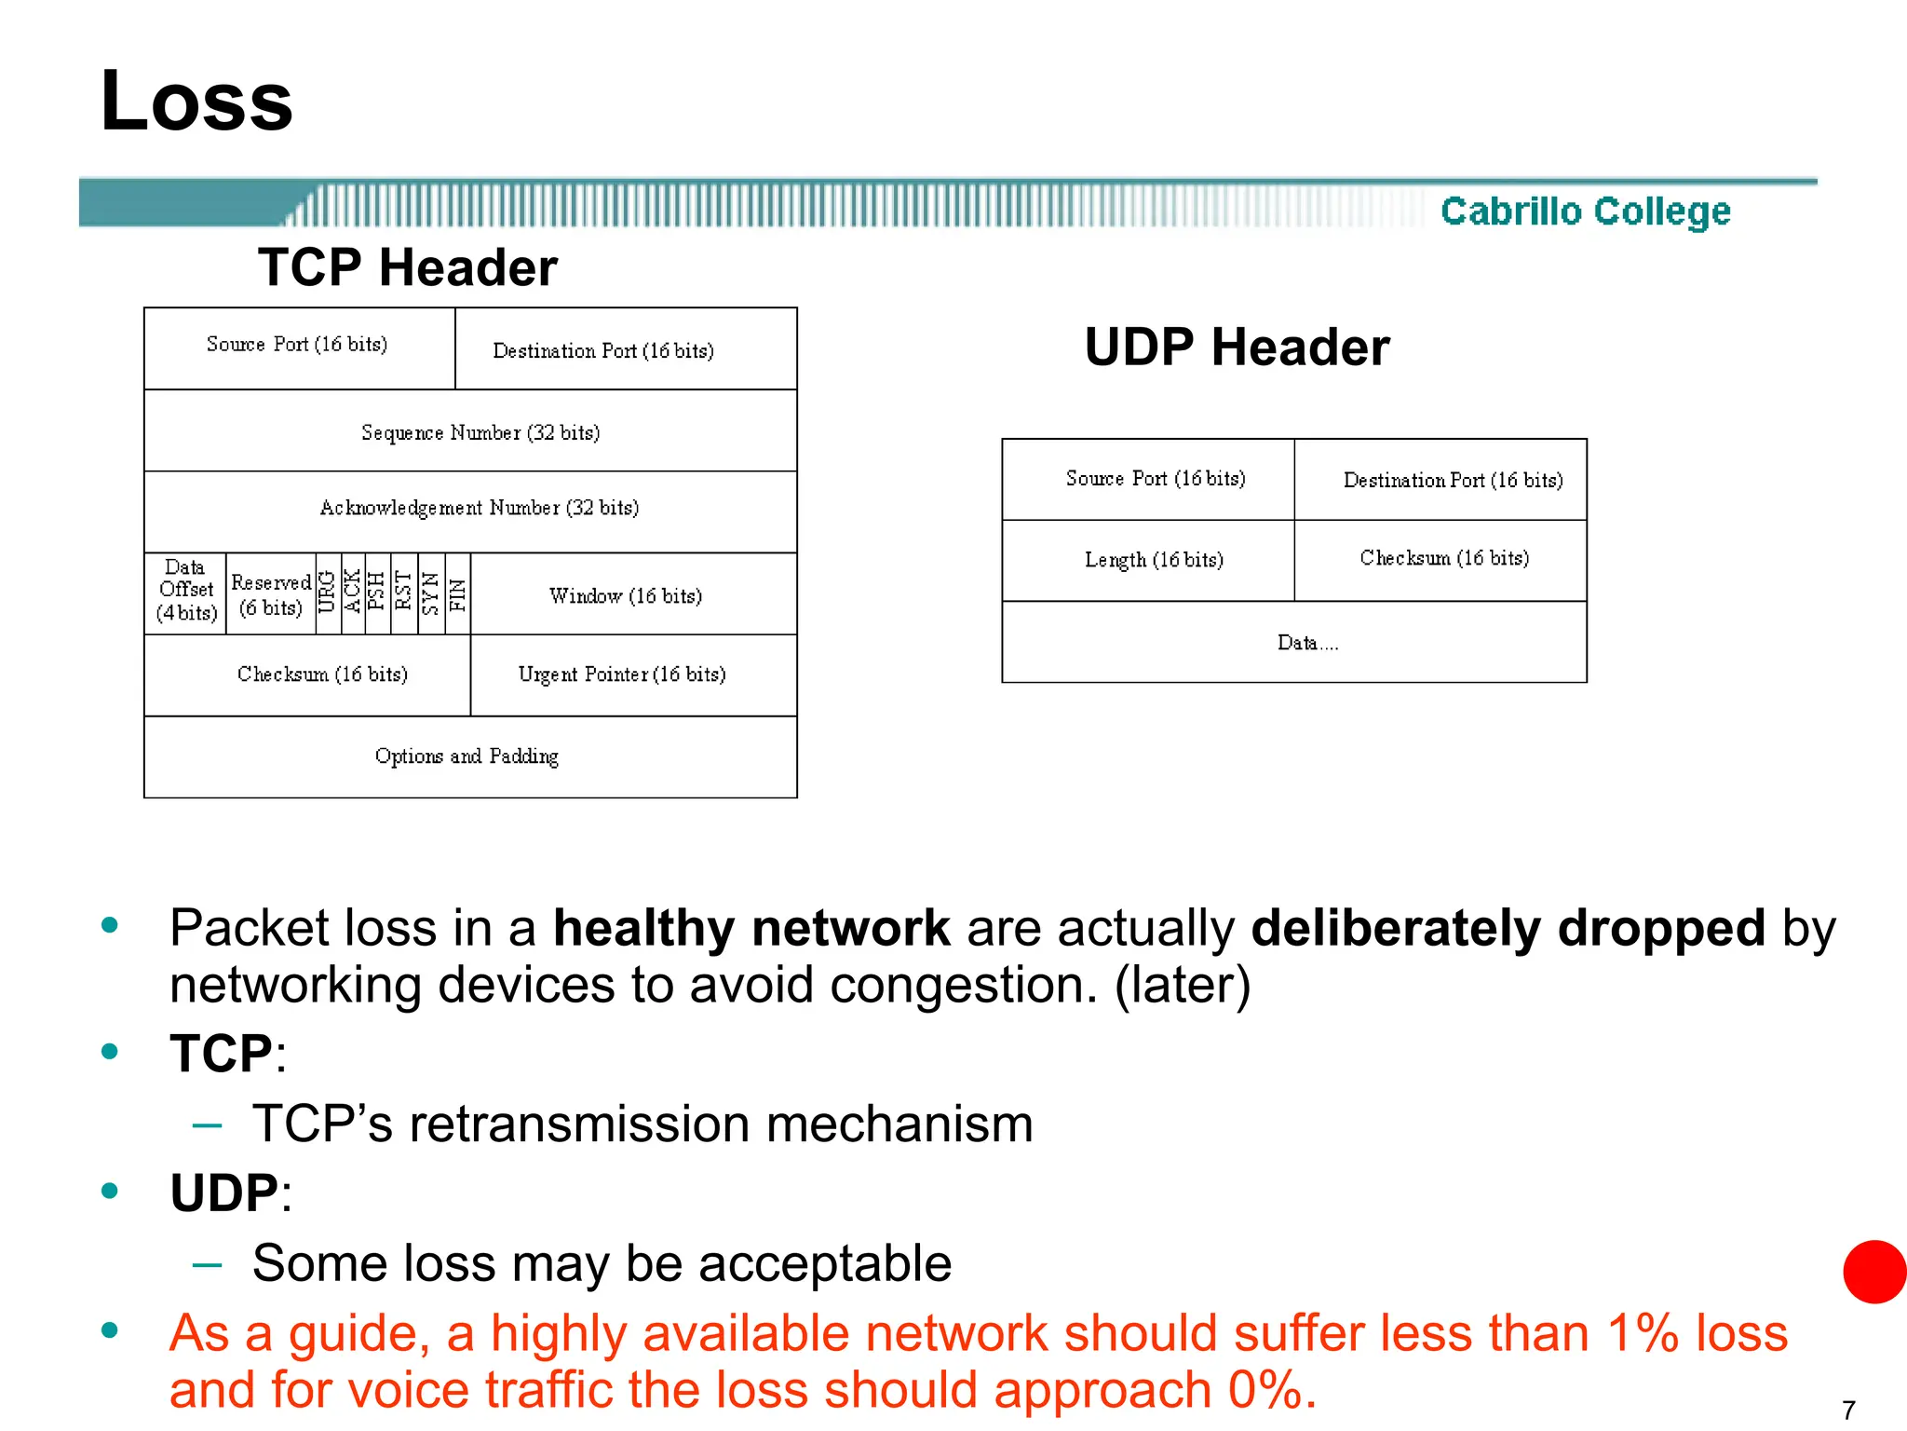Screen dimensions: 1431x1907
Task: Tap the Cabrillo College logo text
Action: coord(1585,211)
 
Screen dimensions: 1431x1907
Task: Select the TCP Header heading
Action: coord(407,267)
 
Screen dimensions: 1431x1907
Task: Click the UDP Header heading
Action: coord(1237,348)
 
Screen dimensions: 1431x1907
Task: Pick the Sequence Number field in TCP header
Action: coord(480,432)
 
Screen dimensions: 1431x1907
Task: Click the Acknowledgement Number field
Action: coord(479,508)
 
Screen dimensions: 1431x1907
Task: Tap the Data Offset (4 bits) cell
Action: coord(185,591)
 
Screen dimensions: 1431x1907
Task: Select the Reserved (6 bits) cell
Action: coord(270,594)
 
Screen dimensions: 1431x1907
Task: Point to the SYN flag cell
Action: coord(431,593)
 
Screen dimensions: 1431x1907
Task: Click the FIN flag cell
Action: coord(457,593)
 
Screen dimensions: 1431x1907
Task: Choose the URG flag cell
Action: coord(327,593)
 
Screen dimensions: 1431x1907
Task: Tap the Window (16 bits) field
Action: coord(626,595)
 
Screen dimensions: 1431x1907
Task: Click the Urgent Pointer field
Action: coord(622,675)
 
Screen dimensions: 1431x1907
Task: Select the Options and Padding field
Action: coord(467,756)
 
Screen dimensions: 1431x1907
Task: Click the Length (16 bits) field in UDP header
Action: coord(1154,560)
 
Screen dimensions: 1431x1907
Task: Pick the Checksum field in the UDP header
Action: coord(1444,558)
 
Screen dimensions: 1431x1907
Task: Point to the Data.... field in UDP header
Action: coord(1307,643)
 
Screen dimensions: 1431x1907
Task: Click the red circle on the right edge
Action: coord(1875,1272)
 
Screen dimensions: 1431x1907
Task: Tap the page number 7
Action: coord(1848,1410)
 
